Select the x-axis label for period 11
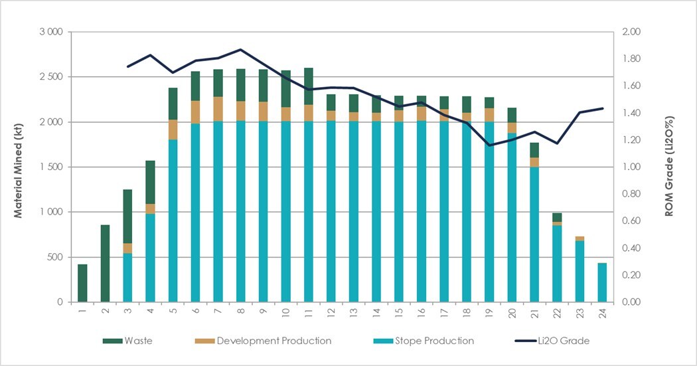pyautogui.click(x=309, y=312)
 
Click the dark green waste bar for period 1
pyautogui.click(x=82, y=283)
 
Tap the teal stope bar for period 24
pyautogui.click(x=602, y=282)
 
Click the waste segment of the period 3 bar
pyautogui.click(x=127, y=216)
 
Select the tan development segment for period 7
pyautogui.click(x=218, y=109)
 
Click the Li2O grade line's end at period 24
pyautogui.click(x=603, y=108)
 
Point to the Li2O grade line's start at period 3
pyautogui.click(x=127, y=66)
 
